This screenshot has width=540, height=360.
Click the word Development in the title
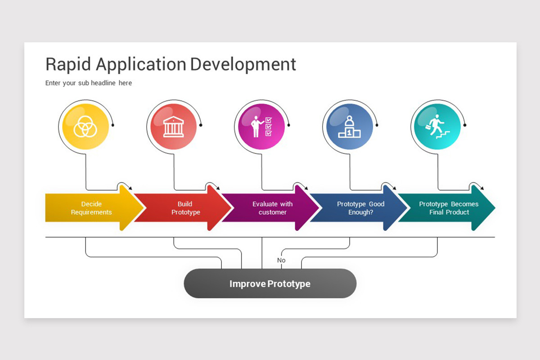click(243, 64)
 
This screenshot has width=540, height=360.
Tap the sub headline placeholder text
click(89, 83)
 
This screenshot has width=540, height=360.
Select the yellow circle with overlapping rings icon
click(85, 126)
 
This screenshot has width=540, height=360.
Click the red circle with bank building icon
click(174, 126)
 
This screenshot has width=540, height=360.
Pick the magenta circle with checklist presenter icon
click(261, 126)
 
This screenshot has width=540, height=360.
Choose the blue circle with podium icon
click(350, 126)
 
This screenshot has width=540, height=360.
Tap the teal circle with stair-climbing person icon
click(437, 126)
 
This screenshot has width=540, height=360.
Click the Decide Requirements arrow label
click(91, 208)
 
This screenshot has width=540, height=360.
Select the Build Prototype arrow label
click(185, 208)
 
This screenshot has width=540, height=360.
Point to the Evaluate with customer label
click(272, 208)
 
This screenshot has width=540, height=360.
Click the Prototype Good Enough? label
click(360, 208)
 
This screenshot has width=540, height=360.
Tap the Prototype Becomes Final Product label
click(449, 208)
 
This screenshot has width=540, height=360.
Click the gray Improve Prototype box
click(270, 283)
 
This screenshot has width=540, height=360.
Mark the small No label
click(281, 261)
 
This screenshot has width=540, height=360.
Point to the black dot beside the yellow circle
click(113, 125)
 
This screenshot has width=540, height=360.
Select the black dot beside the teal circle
click(465, 125)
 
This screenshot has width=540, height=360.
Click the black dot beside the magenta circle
click(289, 125)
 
